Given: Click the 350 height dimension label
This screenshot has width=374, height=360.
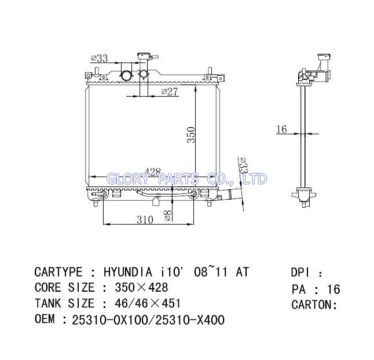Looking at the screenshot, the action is tap(191, 135).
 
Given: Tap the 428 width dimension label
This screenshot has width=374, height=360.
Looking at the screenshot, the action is tap(153, 172).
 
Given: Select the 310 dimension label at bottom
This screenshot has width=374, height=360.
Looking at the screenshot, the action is tap(145, 219).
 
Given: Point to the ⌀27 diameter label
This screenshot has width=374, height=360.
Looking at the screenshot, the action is tap(170, 91).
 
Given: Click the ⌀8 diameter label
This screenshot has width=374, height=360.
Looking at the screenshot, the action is tap(168, 216).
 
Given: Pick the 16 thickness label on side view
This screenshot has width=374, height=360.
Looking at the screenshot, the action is tap(281, 129).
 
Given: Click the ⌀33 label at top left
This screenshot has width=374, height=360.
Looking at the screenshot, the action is tap(100, 58).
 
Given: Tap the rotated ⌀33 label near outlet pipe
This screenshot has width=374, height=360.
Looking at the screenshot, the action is tap(244, 165).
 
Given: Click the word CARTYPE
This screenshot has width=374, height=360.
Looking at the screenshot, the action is tap(58, 272).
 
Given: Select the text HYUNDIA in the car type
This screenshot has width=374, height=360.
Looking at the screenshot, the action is tap(128, 272).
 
